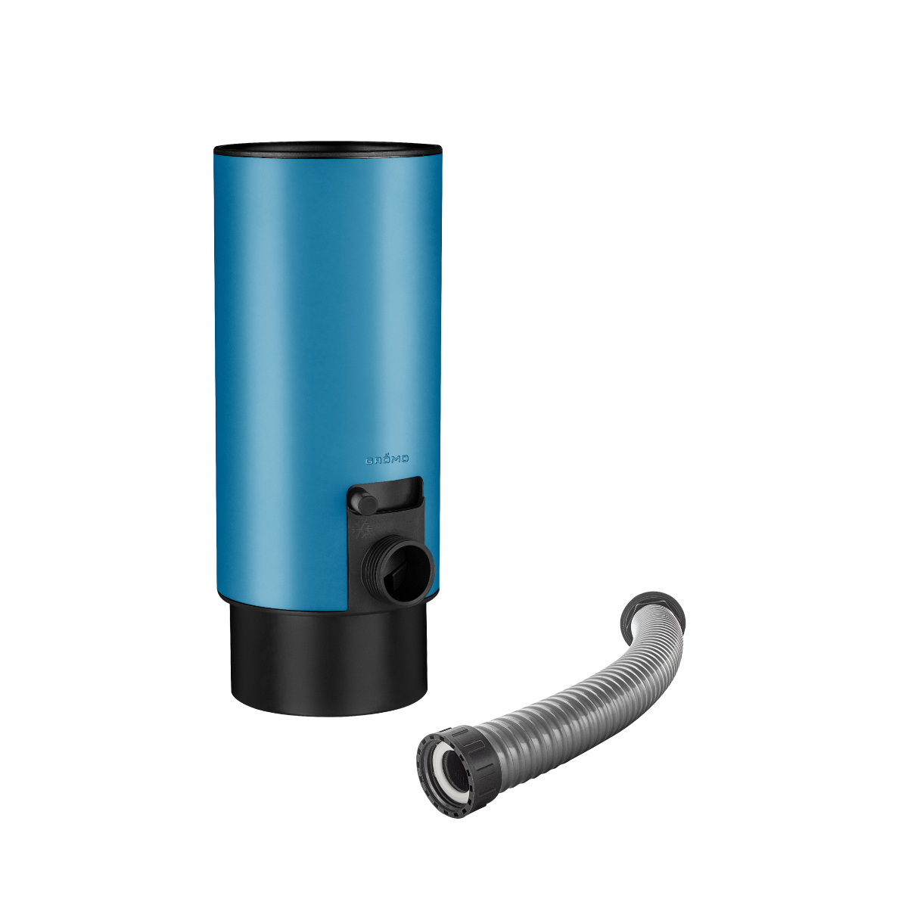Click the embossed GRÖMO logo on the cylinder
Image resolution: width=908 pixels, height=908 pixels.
(x=387, y=459)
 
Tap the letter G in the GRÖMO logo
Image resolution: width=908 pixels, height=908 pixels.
(x=370, y=459)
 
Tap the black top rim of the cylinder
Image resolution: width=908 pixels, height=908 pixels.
(x=327, y=149)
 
